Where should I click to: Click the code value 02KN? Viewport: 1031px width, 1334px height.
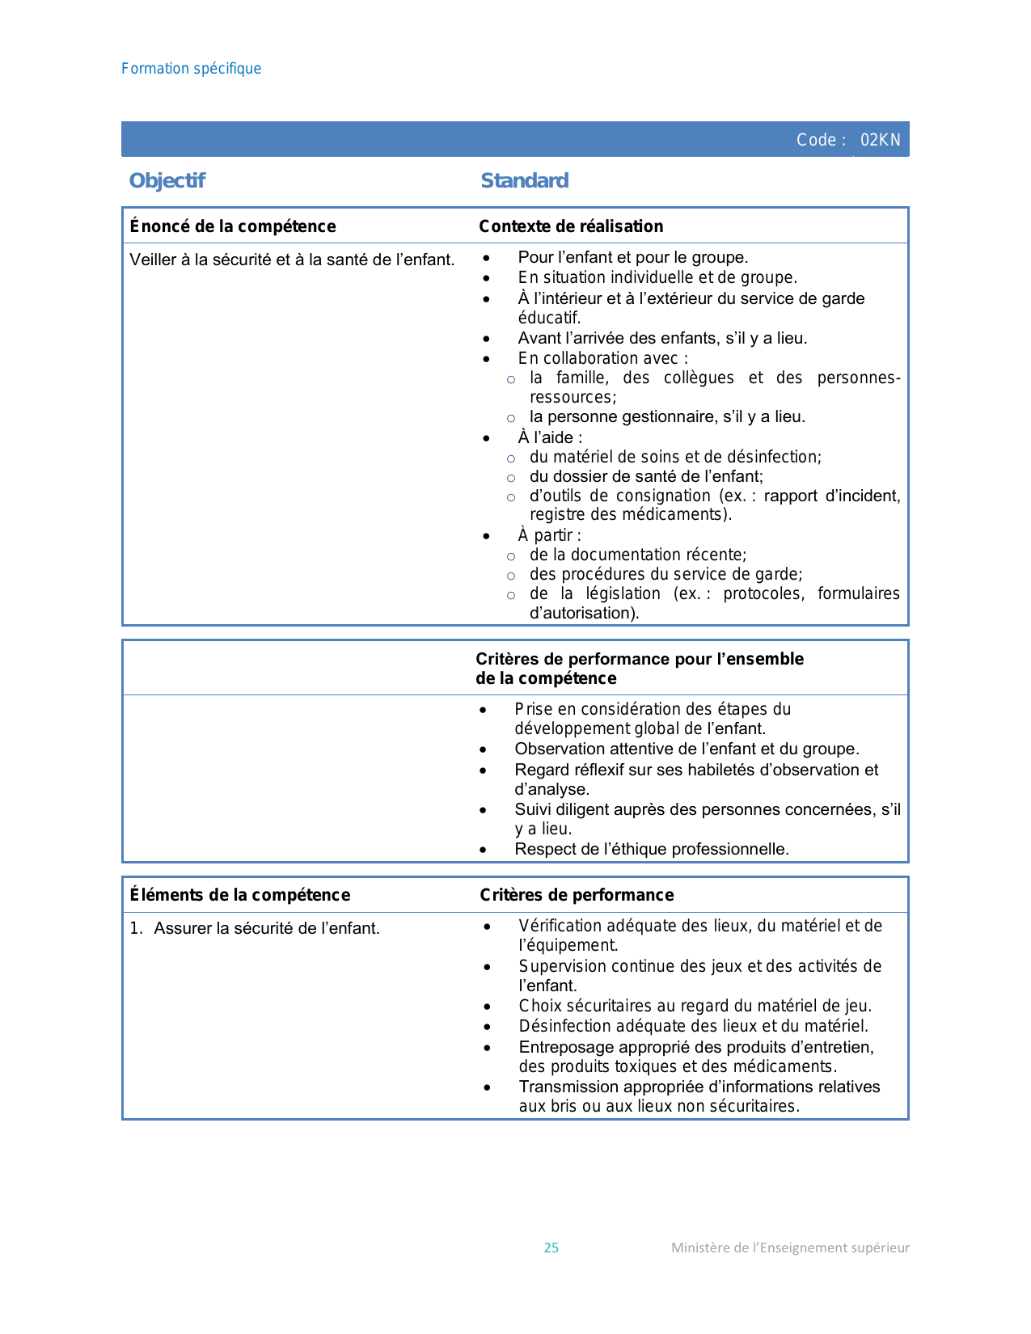880,140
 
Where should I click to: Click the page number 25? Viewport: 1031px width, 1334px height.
551,1247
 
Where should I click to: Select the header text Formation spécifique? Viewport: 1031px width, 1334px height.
191,69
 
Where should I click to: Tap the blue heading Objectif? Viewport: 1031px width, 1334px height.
167,180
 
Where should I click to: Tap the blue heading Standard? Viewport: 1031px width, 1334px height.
525,180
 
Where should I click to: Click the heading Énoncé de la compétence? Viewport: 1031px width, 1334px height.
233,226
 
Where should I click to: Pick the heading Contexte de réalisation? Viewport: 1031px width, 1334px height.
571,226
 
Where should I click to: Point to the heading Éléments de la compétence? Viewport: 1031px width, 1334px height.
240,895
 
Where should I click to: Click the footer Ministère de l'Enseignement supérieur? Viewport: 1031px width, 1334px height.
790,1247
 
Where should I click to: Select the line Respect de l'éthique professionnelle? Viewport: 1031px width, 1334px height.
652,849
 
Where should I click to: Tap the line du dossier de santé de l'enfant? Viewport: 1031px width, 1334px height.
646,476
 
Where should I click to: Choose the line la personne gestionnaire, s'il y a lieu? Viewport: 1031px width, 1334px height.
667,416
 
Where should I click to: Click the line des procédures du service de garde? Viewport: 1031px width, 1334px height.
666,574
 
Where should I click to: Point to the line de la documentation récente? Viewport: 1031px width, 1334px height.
638,555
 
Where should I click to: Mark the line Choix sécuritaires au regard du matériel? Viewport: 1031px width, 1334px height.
695,1006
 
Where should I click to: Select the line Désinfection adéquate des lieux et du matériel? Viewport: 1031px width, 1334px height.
693,1026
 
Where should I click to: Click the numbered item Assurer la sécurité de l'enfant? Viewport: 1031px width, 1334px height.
266,928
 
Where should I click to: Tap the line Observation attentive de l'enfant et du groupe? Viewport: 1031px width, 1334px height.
687,749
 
